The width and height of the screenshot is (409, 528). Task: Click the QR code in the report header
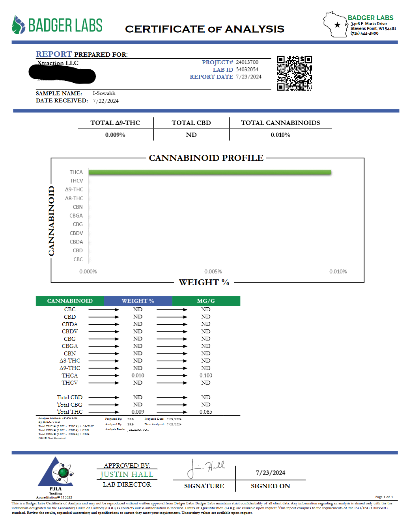294,73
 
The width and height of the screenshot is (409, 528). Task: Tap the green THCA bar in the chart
210,172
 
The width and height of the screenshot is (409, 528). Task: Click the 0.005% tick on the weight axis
213,271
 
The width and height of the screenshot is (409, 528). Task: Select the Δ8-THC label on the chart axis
74,198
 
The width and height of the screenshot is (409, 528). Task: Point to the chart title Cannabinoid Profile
206,158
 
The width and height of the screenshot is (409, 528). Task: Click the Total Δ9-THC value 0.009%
115,135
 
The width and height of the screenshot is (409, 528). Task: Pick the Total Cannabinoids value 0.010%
280,135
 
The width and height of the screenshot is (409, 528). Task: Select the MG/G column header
206,301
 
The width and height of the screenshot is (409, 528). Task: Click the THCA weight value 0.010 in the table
138,376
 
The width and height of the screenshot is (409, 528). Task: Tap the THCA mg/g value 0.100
206,376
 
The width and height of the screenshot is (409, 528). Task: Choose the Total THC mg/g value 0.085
206,412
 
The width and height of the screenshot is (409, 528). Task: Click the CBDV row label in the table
70,331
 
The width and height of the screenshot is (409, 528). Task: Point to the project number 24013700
247,62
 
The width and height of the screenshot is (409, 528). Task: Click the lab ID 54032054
247,69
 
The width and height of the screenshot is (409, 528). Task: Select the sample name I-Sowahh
104,93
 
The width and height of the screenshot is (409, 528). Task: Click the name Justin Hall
127,474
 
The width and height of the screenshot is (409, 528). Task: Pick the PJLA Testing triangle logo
56,473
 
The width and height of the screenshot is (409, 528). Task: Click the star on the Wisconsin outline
337,25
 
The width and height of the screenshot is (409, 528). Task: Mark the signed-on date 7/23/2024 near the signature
271,473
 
